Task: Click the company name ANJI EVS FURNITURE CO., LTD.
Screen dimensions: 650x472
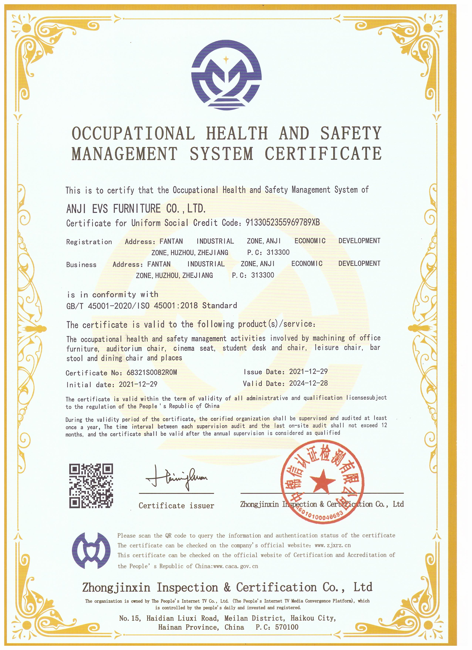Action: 136,209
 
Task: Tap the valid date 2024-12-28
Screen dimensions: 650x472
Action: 308,383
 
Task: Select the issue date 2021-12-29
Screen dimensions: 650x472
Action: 308,371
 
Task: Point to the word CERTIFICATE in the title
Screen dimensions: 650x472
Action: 323,153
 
